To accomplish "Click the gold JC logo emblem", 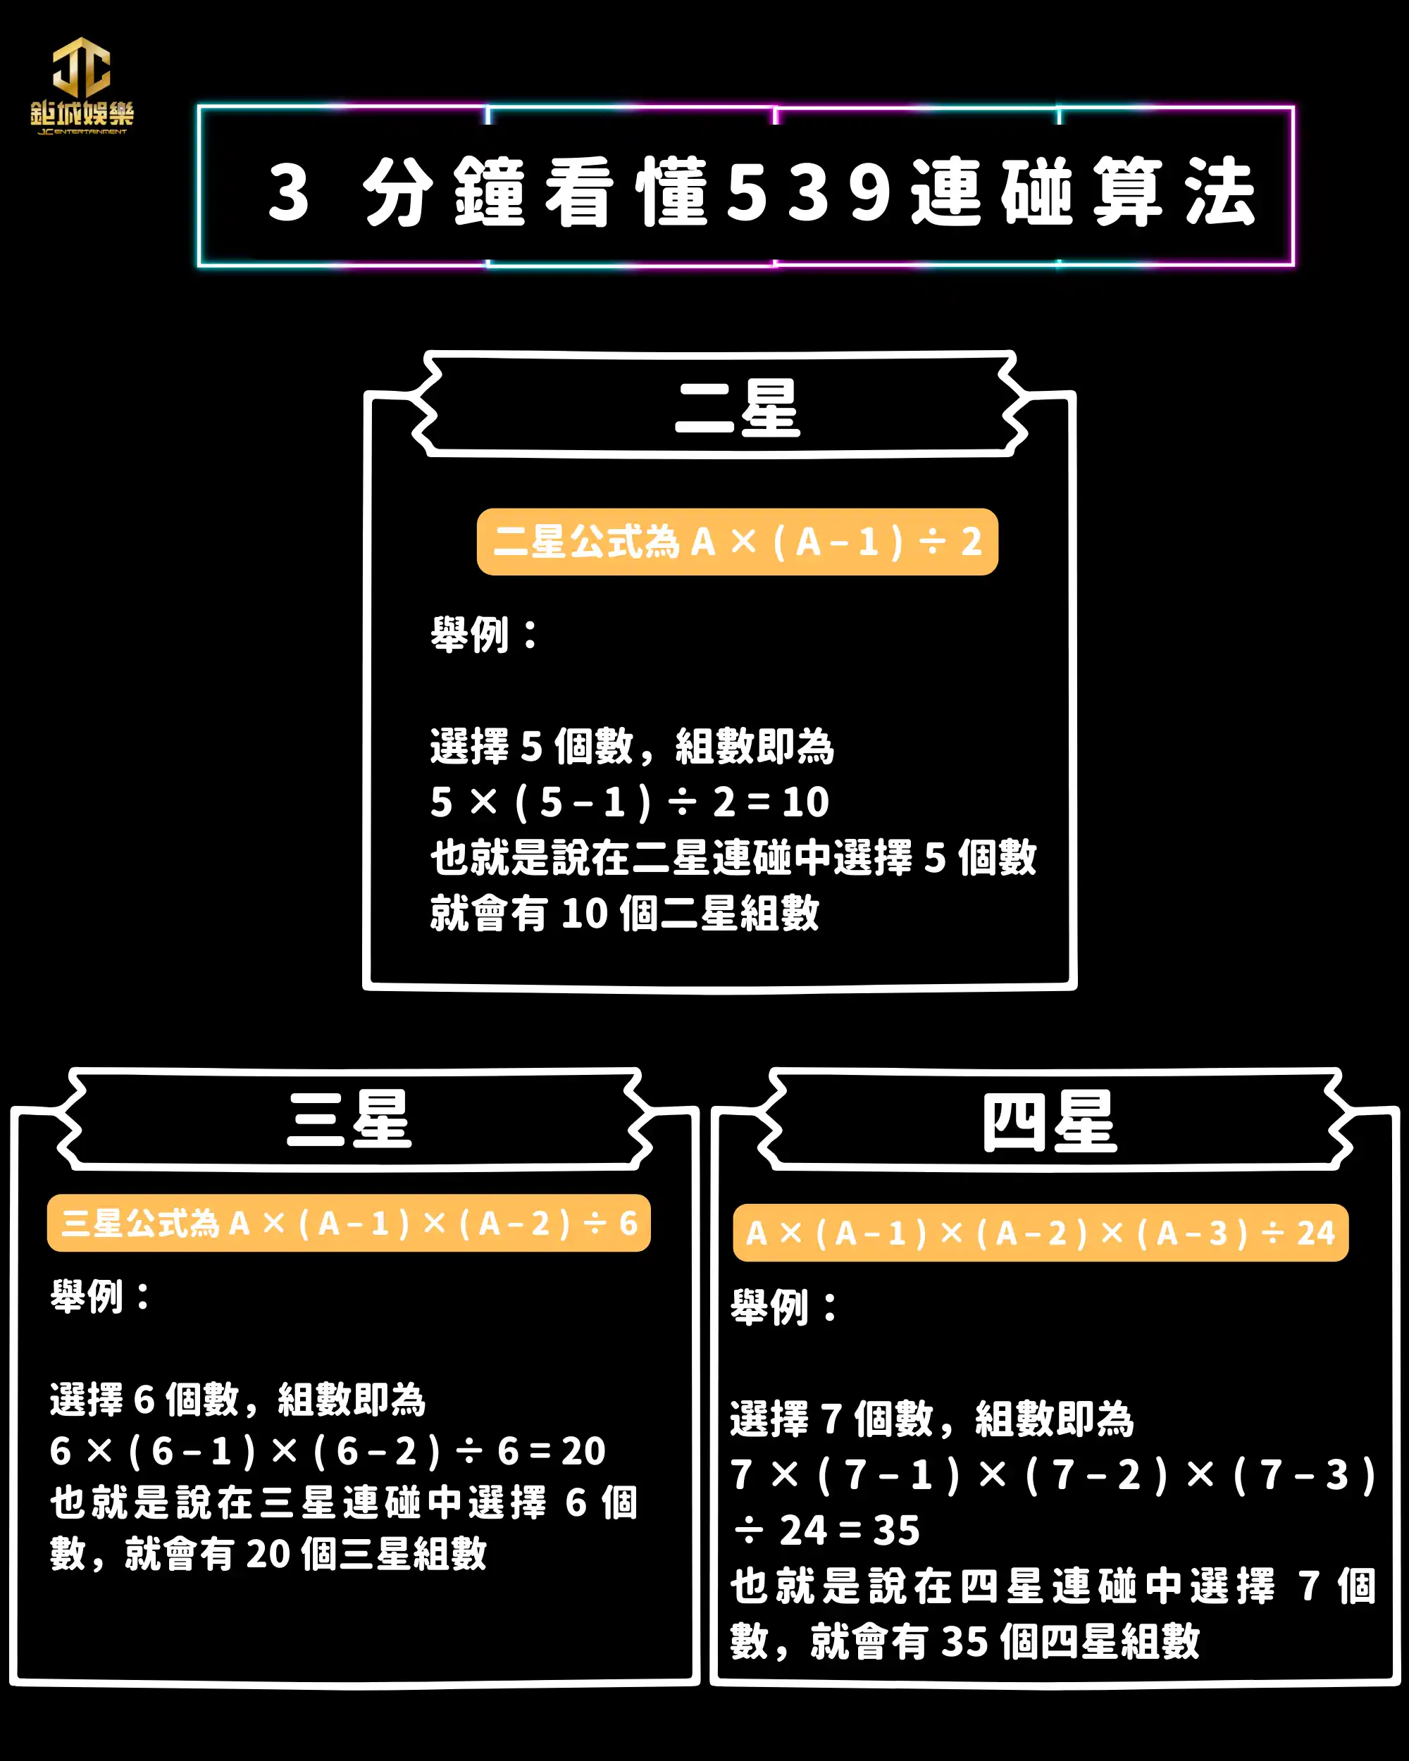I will (x=82, y=67).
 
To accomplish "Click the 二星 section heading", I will (x=737, y=408).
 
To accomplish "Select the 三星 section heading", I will (x=349, y=1119).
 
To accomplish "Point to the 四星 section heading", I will (x=1049, y=1122).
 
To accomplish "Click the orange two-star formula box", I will (x=737, y=542).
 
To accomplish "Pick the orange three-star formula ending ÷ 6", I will (x=349, y=1223).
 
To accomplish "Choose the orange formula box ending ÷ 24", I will (x=1040, y=1233).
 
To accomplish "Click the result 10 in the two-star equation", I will (x=805, y=802).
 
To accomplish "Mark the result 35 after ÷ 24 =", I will (x=896, y=1530).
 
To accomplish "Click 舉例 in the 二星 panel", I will (x=471, y=635).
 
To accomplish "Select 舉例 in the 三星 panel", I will (x=87, y=1295).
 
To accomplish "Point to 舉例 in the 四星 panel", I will (x=769, y=1307).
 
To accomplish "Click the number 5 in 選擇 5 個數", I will (x=532, y=747).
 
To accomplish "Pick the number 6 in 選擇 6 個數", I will (x=144, y=1400).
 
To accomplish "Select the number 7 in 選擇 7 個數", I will (x=831, y=1419).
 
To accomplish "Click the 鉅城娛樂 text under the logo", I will (x=82, y=113).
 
